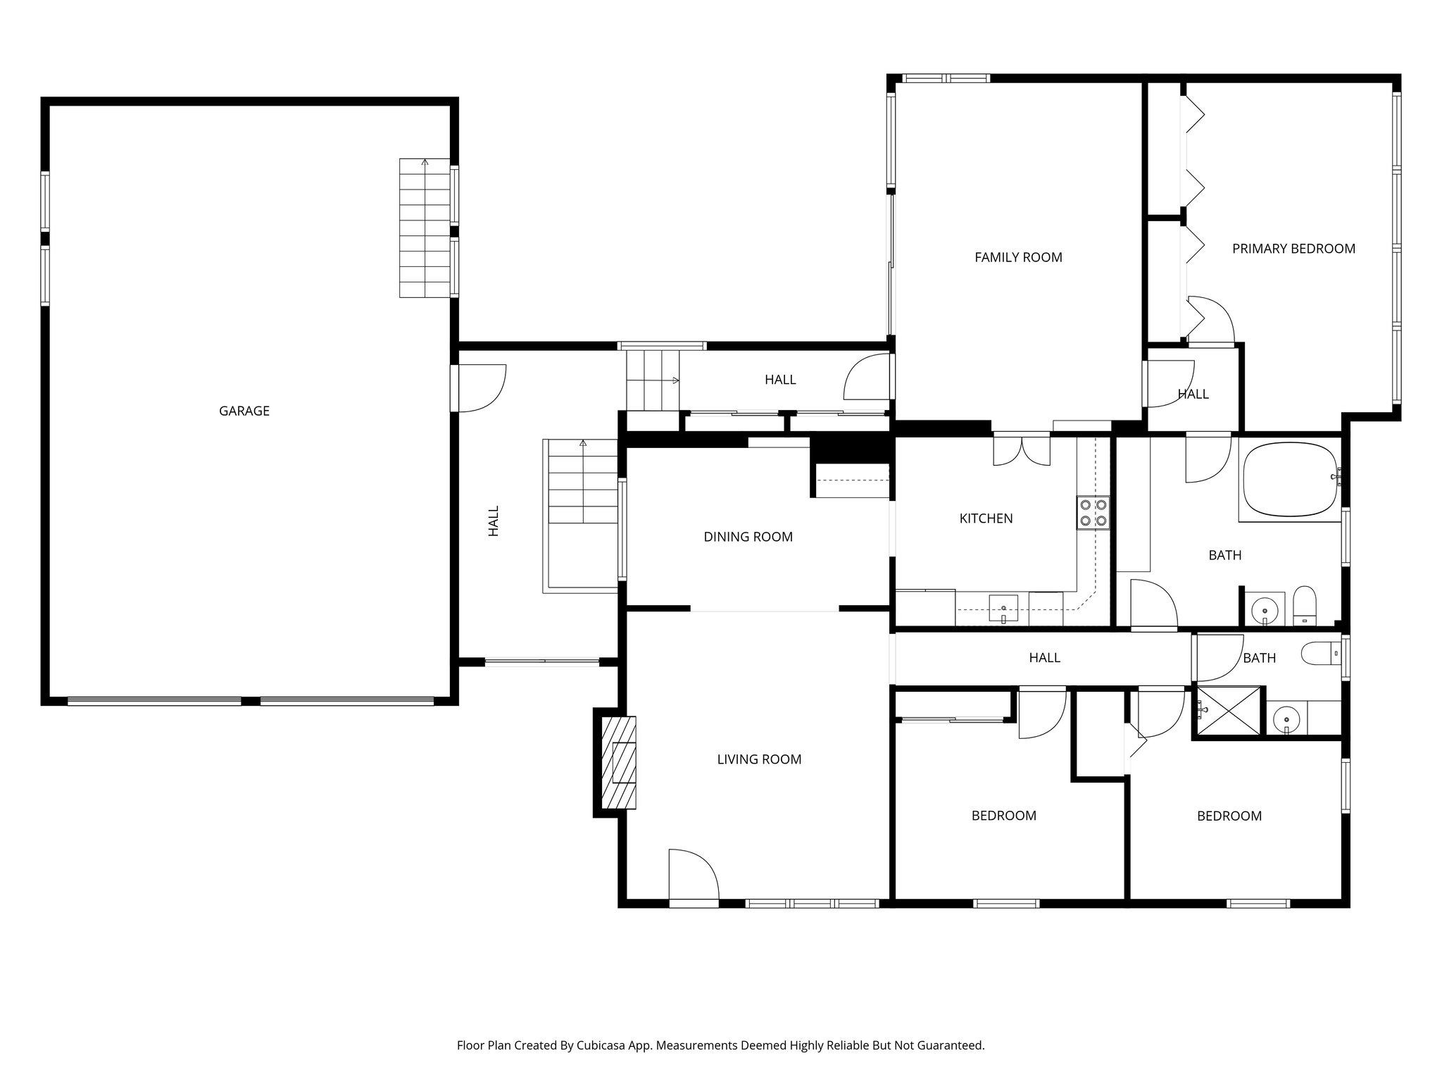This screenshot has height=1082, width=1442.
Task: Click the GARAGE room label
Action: pyautogui.click(x=244, y=411)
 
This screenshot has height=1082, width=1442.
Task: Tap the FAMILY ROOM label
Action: pyautogui.click(x=1018, y=257)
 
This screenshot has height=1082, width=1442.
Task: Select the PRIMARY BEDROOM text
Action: pyautogui.click(x=1293, y=248)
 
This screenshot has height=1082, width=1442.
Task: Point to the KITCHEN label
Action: pyautogui.click(x=986, y=518)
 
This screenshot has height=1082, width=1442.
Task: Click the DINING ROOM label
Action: pyautogui.click(x=748, y=537)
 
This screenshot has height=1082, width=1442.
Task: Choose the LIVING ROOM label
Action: pyautogui.click(x=759, y=759)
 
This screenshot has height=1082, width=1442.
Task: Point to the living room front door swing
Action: pyautogui.click(x=693, y=874)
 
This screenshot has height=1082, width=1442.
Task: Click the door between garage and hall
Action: pyautogui.click(x=479, y=387)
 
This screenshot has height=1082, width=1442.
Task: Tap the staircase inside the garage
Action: pyautogui.click(x=425, y=228)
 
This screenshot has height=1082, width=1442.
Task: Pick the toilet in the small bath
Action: pyautogui.click(x=1320, y=654)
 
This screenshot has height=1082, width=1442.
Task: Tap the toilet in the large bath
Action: pyautogui.click(x=1305, y=605)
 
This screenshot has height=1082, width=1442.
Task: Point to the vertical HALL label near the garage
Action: pyautogui.click(x=494, y=521)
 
